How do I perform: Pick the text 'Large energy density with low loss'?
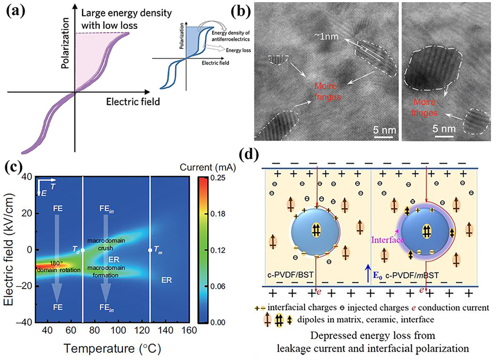coord(122,17)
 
